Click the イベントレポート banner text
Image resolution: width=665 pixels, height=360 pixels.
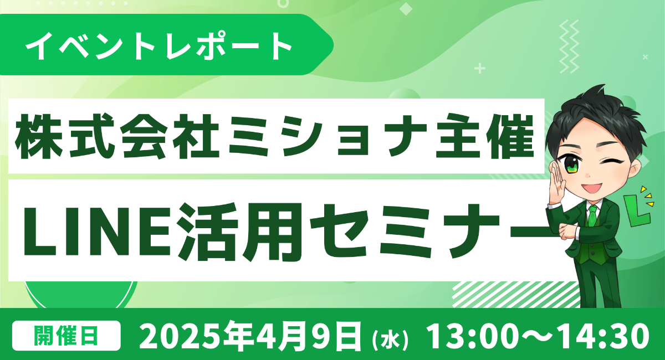tap(159, 46)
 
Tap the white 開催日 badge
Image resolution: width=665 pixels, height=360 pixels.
tap(66, 336)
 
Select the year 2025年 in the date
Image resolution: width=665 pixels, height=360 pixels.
tap(195, 336)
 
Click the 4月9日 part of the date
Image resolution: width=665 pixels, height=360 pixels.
tap(308, 336)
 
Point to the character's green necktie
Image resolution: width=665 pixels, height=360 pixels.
tap(592, 217)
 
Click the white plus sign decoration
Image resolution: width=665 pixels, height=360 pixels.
tap(480, 69)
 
